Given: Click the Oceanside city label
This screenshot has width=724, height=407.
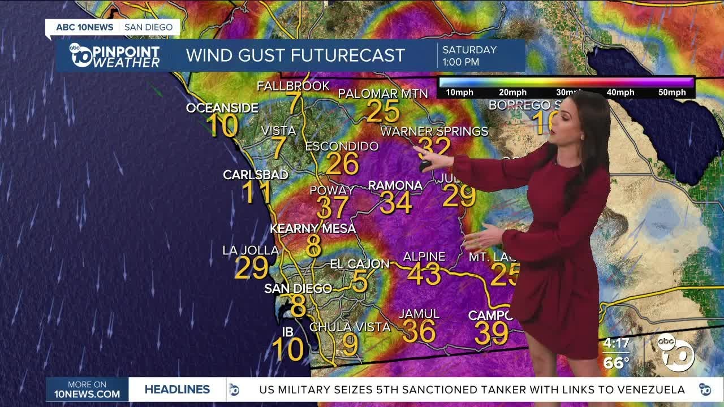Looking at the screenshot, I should coord(222,108).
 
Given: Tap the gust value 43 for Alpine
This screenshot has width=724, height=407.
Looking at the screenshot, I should coord(424,275).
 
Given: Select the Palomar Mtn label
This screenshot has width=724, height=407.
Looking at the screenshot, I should coord(383,93).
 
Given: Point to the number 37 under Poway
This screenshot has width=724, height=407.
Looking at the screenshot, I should coord(333,208).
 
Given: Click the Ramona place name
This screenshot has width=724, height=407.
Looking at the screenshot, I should coord(395,185).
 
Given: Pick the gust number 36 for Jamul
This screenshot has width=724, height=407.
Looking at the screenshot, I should coord(419,332).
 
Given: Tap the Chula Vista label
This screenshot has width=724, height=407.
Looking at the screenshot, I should coord(350,327).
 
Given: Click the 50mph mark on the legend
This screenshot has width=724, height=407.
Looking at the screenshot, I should coord(672,92).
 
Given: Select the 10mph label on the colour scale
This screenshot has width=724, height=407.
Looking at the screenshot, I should coord(459,92).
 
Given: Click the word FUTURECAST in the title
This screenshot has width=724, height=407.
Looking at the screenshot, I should coord(348,55).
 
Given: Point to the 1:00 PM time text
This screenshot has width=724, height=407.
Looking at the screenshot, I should coord(461,62).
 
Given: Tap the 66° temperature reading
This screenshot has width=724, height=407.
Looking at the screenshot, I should coord(616,362).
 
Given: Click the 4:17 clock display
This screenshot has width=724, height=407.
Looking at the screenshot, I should coord(616,343).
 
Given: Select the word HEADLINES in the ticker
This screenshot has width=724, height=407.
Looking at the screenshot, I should coord(177,389).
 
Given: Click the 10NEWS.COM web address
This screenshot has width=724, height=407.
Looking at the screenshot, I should coord(87,394).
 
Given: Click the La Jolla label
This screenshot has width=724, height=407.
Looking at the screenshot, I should coord(251,250).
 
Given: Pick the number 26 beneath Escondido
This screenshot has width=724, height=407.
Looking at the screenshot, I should coord(342,164).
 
